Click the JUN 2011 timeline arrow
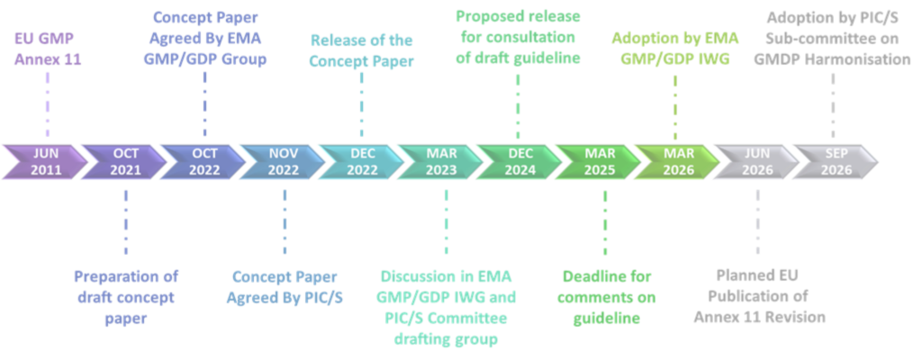click(x=46, y=162)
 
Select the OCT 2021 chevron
click(x=125, y=162)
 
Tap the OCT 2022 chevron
click(x=204, y=162)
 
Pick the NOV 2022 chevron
click(x=284, y=162)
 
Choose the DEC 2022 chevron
click(x=362, y=162)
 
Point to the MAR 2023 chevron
click(x=441, y=162)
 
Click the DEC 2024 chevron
click(x=520, y=162)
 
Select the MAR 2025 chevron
click(x=600, y=162)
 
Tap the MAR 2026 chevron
click(x=678, y=162)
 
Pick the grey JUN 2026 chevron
click(x=757, y=162)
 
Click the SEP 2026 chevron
click(x=836, y=162)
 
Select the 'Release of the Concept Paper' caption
click(x=361, y=50)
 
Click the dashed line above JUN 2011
click(x=47, y=106)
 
